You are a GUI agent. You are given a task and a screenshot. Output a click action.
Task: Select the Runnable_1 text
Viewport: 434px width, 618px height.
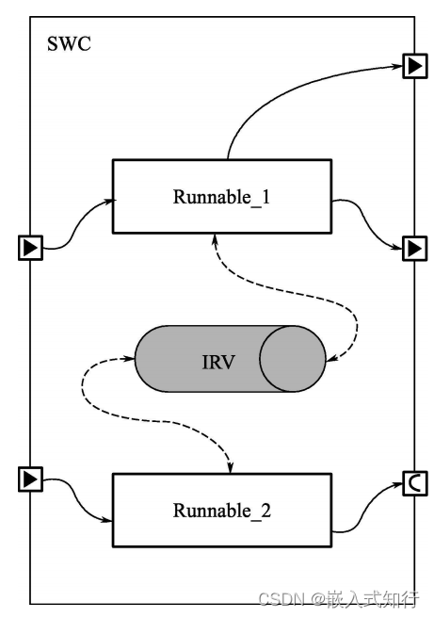(x=222, y=197)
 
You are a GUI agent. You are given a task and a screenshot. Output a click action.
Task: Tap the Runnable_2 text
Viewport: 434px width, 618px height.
(x=222, y=511)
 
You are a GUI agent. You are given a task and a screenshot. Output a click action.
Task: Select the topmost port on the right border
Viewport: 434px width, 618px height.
(x=414, y=66)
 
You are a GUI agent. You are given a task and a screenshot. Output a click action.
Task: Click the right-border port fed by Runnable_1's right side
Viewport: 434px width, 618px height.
(x=414, y=249)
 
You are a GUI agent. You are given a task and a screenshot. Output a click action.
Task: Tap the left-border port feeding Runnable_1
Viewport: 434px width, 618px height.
(x=31, y=248)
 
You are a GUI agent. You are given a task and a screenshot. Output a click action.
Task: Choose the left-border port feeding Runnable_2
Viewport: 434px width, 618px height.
(x=31, y=480)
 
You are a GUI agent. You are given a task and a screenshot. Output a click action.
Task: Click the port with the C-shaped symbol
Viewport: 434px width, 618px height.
(x=414, y=483)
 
